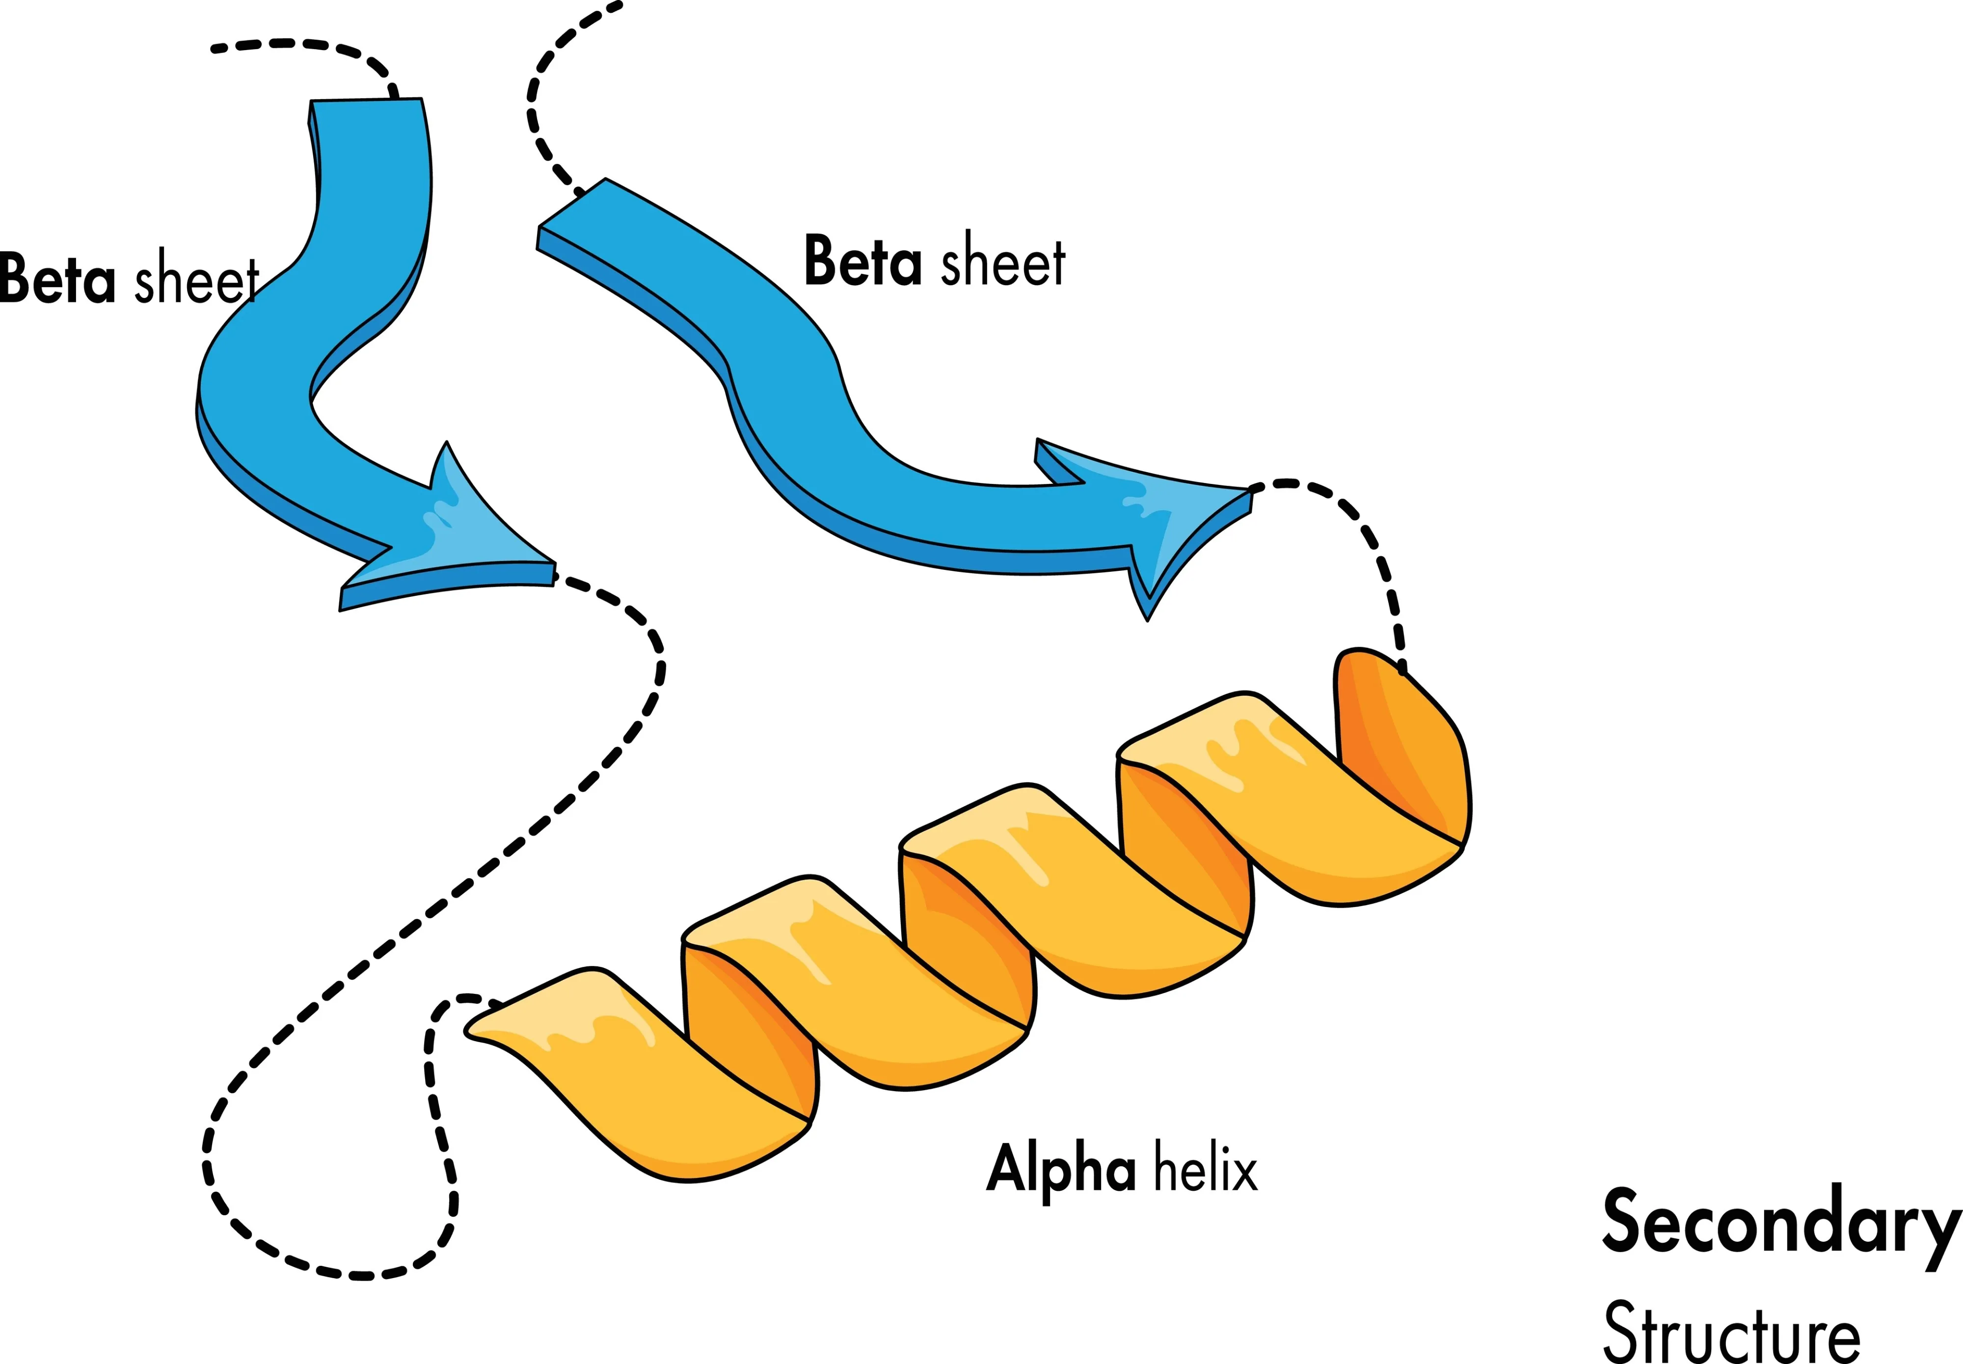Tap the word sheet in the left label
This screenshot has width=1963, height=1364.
tap(196, 279)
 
